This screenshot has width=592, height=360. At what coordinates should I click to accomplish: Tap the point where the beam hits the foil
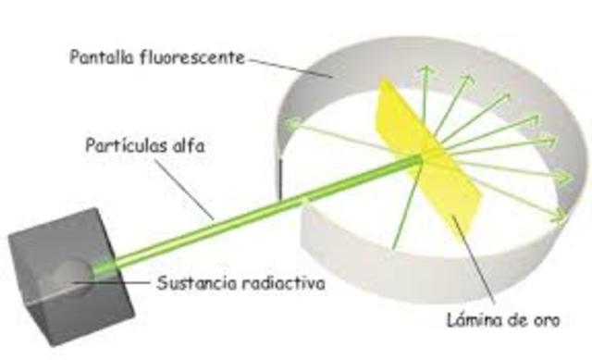pyautogui.click(x=421, y=160)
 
